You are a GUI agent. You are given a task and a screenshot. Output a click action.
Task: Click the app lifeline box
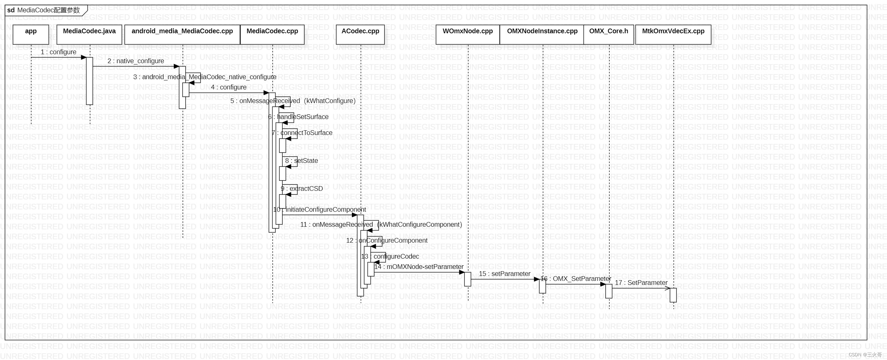click(31, 35)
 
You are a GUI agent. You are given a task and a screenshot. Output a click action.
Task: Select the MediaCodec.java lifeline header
click(89, 35)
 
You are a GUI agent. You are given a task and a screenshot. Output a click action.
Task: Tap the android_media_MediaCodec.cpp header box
click(182, 35)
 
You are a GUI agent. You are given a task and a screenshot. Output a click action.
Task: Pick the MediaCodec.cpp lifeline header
click(272, 35)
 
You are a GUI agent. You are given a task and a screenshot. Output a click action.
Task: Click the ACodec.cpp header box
click(360, 35)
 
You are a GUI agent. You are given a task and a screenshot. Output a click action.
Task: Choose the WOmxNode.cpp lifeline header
click(468, 35)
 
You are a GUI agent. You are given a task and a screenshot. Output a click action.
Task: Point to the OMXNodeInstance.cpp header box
click(542, 35)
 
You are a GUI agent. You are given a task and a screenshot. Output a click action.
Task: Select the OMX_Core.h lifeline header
click(608, 35)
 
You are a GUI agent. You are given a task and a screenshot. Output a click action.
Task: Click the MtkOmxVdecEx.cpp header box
click(673, 35)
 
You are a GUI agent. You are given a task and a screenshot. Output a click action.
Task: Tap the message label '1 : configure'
click(59, 52)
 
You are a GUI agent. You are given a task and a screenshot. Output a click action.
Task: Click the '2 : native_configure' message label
click(136, 61)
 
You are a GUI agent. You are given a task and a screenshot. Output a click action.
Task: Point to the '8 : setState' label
click(301, 161)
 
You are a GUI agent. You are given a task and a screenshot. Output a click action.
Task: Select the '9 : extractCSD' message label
click(302, 188)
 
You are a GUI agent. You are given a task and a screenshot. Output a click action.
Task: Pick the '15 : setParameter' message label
click(505, 274)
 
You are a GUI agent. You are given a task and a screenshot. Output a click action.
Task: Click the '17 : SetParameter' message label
click(641, 283)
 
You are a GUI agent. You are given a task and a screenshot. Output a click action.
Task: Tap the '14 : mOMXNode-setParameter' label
click(419, 267)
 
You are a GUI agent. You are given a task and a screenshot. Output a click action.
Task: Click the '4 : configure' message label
click(228, 87)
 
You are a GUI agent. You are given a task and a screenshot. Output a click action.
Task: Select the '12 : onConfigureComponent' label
click(387, 241)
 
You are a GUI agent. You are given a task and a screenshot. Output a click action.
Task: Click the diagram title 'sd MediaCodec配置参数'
click(44, 10)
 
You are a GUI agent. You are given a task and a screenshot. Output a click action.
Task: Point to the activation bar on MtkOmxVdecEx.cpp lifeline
click(673, 295)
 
